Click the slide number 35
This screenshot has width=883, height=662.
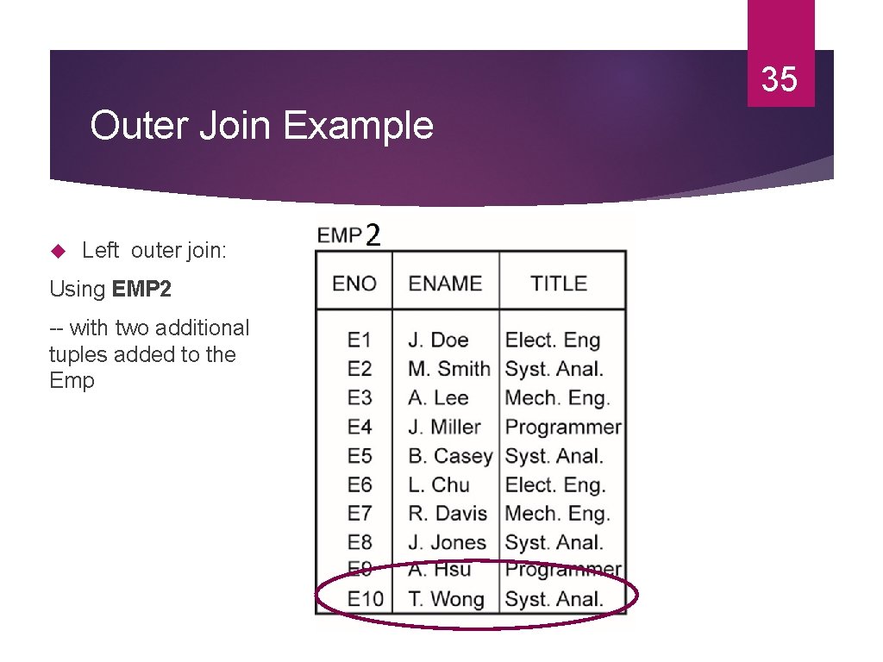click(780, 79)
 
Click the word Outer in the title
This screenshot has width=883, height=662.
click(139, 126)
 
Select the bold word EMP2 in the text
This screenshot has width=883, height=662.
click(141, 290)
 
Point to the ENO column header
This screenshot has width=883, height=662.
click(354, 284)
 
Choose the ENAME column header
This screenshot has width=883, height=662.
click(445, 284)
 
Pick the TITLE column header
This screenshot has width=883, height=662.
click(559, 284)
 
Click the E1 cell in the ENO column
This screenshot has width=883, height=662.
click(359, 340)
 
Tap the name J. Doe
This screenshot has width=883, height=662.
click(438, 340)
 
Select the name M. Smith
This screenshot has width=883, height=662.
click(448, 369)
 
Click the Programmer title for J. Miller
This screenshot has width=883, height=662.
click(563, 427)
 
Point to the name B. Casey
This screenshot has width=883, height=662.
click(450, 456)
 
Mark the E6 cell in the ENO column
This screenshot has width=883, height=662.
click(359, 484)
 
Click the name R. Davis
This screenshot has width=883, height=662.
click(448, 514)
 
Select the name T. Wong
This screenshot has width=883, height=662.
click(446, 599)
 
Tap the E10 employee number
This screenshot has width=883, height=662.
click(365, 599)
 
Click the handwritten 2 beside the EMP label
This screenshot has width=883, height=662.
click(373, 234)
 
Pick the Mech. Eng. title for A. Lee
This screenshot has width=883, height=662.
click(557, 398)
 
